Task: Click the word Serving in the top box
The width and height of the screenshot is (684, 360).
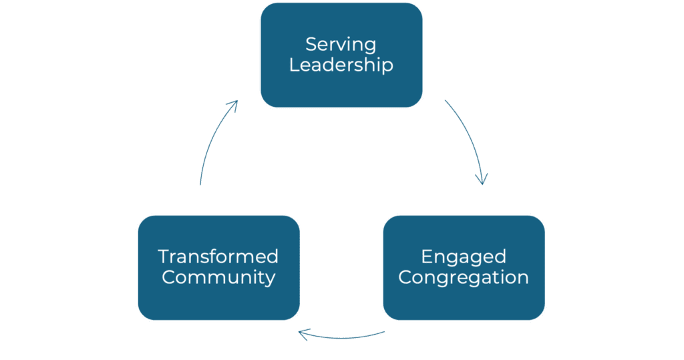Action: pos(341,45)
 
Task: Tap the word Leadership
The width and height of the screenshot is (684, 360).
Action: pos(341,65)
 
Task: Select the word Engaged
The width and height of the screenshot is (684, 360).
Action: pos(464,257)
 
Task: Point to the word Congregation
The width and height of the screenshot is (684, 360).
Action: pos(464,277)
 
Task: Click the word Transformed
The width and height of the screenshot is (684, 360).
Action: pos(218,256)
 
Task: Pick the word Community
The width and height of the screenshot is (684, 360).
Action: pos(218,277)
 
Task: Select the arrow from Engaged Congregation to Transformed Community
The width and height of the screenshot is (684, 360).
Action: pos(341,337)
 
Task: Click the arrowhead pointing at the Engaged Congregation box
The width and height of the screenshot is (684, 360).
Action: pos(482,180)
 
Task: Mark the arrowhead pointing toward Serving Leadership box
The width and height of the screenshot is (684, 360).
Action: pos(233,105)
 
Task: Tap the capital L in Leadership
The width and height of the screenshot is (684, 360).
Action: pos(293,65)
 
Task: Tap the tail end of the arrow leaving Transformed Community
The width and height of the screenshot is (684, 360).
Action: pos(200,184)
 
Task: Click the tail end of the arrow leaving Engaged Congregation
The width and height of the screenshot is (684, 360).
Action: pos(385,332)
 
